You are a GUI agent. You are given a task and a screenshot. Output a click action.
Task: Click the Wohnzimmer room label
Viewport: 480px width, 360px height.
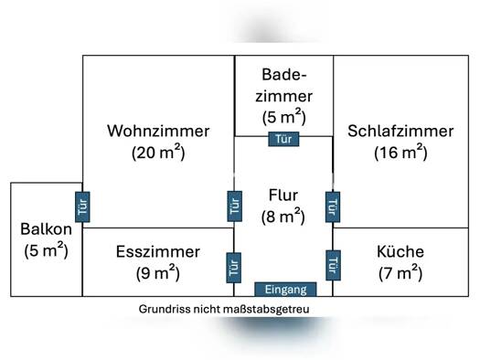click(158, 131)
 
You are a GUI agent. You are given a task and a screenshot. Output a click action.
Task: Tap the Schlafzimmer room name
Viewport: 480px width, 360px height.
click(400, 131)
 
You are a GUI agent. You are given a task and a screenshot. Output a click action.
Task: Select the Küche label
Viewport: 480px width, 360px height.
click(400, 251)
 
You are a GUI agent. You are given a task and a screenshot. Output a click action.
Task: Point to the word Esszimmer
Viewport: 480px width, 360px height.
click(158, 251)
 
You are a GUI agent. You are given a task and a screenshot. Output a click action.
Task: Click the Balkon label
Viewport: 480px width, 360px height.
click(47, 228)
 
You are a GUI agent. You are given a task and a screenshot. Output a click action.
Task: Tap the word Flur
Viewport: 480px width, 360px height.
click(283, 196)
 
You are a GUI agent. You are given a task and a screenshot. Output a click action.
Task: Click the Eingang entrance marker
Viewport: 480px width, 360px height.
click(285, 290)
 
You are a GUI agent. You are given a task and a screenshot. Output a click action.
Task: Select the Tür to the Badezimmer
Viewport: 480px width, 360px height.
click(283, 139)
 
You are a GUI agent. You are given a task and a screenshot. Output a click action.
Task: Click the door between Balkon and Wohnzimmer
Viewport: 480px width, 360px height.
click(82, 206)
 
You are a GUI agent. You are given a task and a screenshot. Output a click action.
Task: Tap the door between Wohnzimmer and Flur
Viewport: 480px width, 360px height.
click(235, 206)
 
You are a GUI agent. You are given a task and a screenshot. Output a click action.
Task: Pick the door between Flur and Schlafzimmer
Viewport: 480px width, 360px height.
click(333, 207)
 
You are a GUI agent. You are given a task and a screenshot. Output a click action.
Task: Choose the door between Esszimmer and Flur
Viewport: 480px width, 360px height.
click(234, 268)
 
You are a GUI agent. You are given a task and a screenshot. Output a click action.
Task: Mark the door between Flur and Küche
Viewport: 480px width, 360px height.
click(334, 265)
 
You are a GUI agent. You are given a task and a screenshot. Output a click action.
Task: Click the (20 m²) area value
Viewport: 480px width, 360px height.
click(158, 152)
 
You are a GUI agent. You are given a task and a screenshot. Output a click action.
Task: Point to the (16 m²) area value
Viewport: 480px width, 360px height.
click(400, 152)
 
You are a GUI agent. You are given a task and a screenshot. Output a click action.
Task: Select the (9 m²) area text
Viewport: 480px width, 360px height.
click(158, 273)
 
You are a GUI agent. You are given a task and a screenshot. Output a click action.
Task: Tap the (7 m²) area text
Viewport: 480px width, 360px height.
click(400, 273)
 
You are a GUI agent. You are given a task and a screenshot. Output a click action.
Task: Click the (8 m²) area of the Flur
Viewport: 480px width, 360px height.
click(283, 217)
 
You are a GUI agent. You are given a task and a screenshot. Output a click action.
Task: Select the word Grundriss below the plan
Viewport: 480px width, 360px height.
click(165, 309)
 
